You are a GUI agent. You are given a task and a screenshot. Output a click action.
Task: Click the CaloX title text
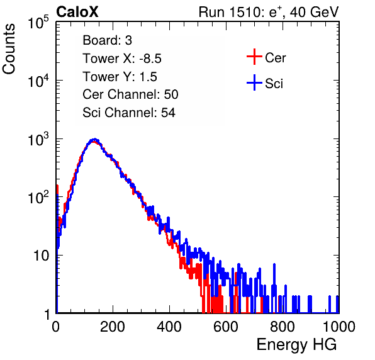[77, 12]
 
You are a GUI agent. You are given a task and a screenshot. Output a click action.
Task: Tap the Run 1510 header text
[269, 12]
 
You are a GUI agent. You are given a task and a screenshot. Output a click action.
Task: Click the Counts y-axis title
[9, 49]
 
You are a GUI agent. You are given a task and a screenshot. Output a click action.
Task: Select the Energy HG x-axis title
[296, 345]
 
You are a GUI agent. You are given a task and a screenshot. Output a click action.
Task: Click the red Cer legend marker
[254, 57]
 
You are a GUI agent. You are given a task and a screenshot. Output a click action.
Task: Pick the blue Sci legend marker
[254, 83]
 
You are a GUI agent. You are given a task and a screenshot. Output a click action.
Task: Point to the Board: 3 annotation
[107, 40]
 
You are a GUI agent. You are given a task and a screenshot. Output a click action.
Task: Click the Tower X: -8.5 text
[122, 59]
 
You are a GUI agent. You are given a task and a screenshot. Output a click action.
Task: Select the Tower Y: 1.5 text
[120, 77]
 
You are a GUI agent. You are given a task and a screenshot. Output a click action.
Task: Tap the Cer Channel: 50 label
[130, 94]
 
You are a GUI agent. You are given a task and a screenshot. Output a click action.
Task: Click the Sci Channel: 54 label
[129, 113]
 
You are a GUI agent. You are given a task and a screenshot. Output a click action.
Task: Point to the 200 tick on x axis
[113, 327]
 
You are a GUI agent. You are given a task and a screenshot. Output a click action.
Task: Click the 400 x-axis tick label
[169, 327]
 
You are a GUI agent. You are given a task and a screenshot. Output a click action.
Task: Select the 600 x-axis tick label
[226, 327]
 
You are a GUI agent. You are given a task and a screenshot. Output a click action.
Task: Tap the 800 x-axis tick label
[283, 327]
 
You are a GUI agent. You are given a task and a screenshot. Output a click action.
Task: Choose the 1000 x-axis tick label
[339, 327]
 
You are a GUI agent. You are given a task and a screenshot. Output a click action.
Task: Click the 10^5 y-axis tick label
[38, 22]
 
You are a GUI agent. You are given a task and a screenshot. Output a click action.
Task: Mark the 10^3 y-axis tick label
[38, 139]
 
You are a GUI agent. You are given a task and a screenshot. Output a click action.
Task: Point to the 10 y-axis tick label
[41, 256]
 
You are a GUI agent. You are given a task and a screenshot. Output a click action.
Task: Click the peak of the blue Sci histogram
[95, 139]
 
